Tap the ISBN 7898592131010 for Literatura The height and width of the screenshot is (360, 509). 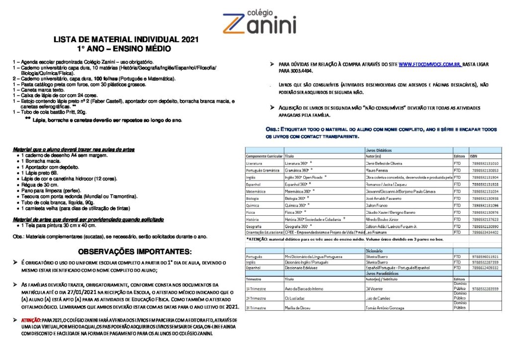click(x=485, y=163)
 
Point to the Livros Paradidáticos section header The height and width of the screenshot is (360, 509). click(x=382, y=273)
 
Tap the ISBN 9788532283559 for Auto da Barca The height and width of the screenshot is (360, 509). click(x=485, y=288)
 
